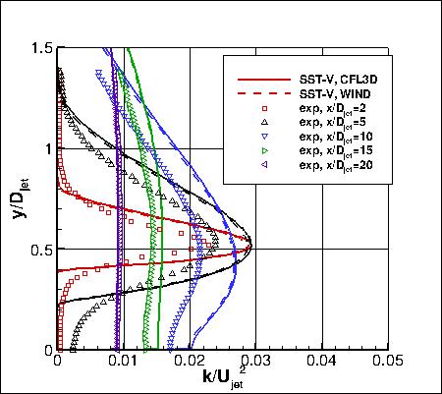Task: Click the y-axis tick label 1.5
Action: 41,47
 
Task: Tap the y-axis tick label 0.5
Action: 41,249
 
